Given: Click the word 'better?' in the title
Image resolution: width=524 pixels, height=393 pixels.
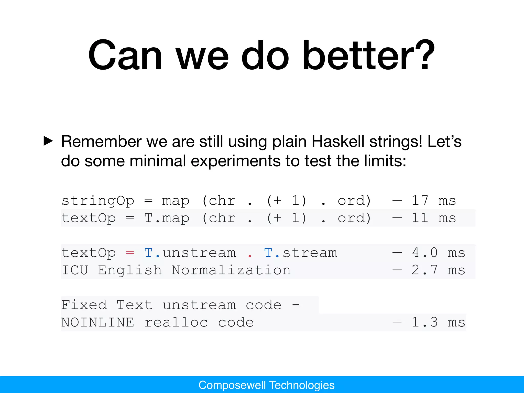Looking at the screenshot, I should tap(368, 55).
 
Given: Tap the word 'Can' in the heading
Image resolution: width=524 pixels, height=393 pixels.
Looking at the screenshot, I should tap(125, 55).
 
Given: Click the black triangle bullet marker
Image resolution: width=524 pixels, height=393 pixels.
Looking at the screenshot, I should tap(48, 141).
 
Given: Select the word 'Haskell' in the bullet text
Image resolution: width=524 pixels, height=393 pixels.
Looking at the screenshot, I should tap(338, 141).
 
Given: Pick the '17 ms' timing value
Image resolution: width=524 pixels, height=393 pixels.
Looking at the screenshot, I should tap(433, 200).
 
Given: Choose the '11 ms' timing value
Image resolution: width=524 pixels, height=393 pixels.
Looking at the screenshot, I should tap(433, 218).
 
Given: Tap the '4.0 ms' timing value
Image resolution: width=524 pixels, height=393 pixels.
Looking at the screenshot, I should tap(438, 253).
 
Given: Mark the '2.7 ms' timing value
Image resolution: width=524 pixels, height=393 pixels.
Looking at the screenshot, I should tap(438, 270).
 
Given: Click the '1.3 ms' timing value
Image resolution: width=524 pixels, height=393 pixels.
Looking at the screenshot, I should tap(438, 322).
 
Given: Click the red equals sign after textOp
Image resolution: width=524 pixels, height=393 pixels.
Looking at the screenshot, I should tap(130, 253).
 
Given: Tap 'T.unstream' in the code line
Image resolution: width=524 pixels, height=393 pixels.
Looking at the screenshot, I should tap(190, 253).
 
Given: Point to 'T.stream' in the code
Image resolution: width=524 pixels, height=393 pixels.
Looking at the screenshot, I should tap(300, 253).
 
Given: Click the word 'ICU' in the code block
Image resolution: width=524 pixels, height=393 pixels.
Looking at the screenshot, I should tap(75, 270).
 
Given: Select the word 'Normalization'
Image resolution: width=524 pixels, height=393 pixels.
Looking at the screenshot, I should tap(231, 270).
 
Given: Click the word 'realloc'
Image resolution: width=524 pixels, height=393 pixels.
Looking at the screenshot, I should tap(176, 322).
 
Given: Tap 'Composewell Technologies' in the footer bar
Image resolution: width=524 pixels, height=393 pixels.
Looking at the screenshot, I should tap(266, 385).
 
